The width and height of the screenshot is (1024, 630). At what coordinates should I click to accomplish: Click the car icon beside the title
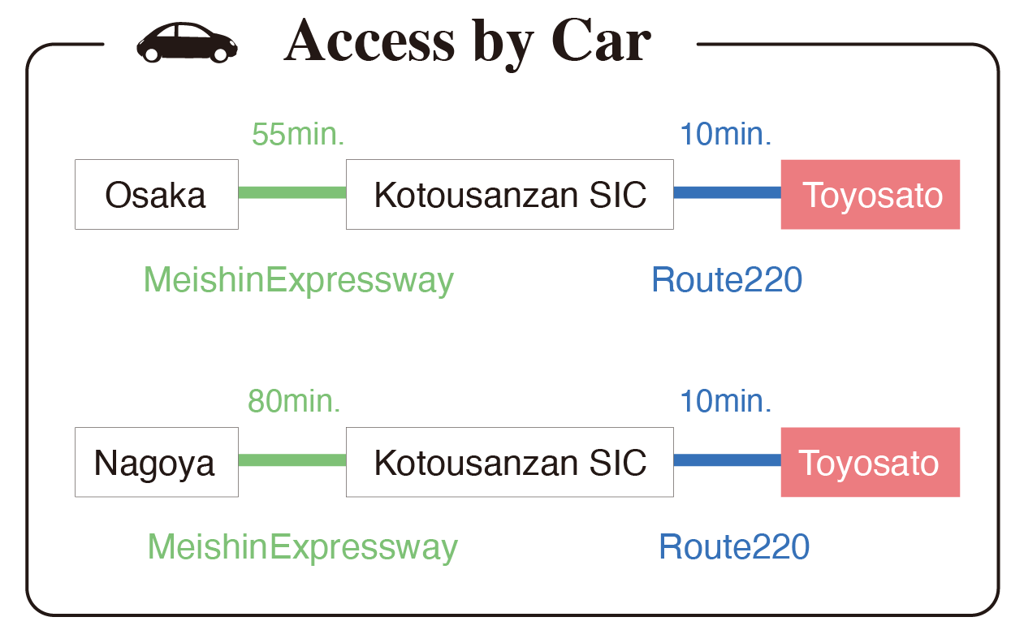point(187,42)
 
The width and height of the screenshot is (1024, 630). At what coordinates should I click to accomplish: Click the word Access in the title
point(369,41)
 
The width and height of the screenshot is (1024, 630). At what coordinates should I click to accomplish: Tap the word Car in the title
point(602,41)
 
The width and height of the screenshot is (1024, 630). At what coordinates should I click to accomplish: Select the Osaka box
point(157,194)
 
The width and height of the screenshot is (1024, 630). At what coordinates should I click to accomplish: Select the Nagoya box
point(157,462)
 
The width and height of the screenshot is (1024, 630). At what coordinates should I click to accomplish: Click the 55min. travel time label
point(298,135)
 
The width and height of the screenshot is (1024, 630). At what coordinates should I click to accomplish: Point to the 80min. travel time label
point(294,401)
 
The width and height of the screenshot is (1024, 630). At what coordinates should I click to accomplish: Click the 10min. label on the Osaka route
point(726,135)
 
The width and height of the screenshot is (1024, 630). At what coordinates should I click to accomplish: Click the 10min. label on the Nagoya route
point(726,401)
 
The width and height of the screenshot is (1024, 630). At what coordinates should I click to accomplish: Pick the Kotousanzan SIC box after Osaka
point(510,194)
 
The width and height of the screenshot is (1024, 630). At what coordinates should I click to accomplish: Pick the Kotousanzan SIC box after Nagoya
point(510,462)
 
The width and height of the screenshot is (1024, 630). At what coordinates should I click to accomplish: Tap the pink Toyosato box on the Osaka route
point(871,194)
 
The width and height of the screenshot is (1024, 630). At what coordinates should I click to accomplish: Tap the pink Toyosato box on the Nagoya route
point(871,462)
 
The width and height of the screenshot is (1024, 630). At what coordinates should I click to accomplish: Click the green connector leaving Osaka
point(292,192)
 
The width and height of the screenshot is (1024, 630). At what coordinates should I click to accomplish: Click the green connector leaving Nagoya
point(292,460)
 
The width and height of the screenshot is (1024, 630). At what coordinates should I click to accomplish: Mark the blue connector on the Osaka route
point(728,192)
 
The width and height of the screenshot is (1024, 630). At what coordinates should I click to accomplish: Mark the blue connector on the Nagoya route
point(728,460)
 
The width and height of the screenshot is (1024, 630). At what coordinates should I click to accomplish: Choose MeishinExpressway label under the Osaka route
point(299,280)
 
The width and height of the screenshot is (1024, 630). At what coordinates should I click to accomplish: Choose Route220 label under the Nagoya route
point(734,547)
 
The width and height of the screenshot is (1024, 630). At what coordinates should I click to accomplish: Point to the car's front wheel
point(220,54)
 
